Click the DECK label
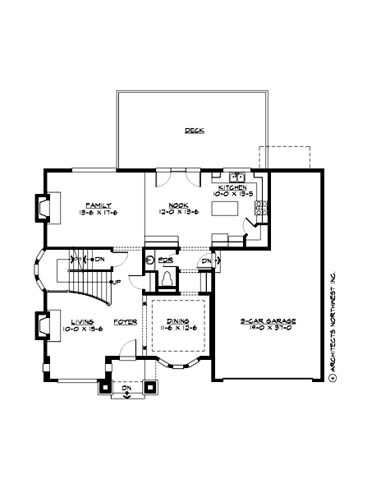194,131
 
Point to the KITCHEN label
232,187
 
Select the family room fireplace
41,208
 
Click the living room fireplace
41,326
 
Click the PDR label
165,260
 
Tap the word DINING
177,321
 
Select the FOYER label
125,322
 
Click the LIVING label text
81,322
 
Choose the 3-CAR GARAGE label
268,321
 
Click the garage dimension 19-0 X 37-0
268,329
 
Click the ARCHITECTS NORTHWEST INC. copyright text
333,325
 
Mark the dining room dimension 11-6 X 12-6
177,329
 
